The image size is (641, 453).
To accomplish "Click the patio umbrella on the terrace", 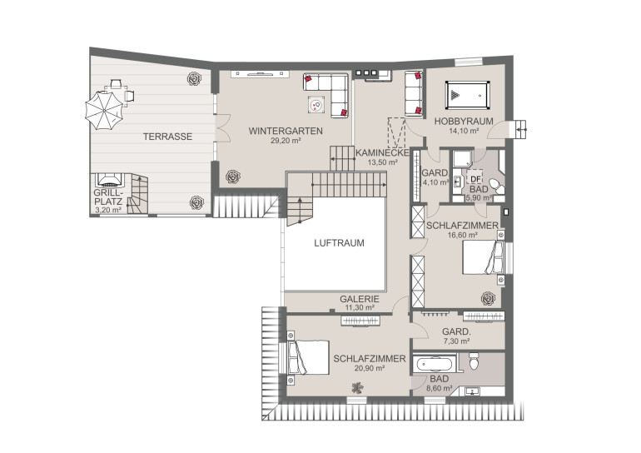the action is pos(104,111).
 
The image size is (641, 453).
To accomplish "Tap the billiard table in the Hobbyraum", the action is pos(467,95).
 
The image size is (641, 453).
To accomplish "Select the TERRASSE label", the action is pos(167,137).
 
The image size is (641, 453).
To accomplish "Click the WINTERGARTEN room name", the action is pos(286,132).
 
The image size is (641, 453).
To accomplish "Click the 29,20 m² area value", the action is pos(286,141).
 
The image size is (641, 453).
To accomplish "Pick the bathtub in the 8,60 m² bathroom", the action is pos(435,364).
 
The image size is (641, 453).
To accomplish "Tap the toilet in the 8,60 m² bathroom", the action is pos(474,361).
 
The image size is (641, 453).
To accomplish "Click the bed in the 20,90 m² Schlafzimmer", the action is pos(308,357).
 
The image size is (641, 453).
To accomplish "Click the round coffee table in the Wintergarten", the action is pos(316,106).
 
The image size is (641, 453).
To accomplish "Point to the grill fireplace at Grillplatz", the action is pos(109,180).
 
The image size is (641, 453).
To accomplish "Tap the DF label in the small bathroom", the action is pos(475,179).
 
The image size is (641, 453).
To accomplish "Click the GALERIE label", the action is pos(360,299).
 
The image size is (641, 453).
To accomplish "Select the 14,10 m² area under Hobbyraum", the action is pos(463,131).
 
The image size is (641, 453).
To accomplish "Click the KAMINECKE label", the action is pos(382,153).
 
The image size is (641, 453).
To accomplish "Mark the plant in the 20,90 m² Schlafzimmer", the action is pos(358,387).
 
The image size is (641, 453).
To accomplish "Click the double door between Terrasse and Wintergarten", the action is pos(222,128).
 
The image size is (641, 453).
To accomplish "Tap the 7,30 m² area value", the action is pos(456,341).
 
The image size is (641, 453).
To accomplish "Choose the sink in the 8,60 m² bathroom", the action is pos(473,391).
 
